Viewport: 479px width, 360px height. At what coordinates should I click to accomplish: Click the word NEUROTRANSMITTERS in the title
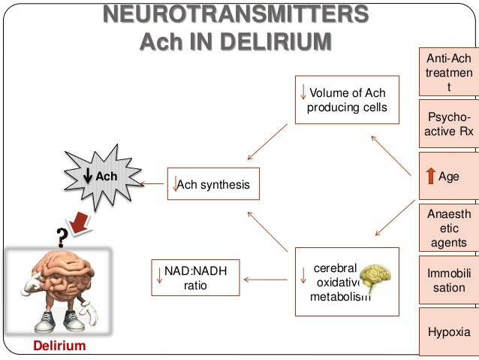(235, 14)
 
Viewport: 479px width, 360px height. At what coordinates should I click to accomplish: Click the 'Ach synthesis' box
(213, 184)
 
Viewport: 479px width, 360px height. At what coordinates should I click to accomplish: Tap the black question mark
(56, 236)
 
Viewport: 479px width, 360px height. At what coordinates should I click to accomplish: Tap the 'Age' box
(448, 177)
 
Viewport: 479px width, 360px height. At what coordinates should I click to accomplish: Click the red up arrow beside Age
(430, 177)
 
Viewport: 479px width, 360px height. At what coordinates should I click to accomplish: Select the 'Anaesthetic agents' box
(449, 228)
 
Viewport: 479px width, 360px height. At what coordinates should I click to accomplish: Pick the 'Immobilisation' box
(449, 280)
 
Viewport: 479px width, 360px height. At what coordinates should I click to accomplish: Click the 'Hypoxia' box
(449, 331)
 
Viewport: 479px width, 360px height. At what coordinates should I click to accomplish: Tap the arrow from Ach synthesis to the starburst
(152, 183)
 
